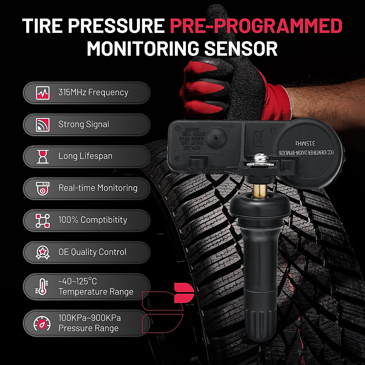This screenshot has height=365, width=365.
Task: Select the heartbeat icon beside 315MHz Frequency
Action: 43,92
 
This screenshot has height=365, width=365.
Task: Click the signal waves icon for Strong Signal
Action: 43,124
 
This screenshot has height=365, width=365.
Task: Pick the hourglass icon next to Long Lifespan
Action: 43,156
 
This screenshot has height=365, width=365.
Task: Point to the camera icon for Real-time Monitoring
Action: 43,188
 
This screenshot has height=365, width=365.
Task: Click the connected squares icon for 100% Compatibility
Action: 43,220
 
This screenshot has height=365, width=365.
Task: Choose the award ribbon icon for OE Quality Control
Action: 43,252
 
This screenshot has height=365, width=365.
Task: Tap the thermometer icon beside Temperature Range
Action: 42,287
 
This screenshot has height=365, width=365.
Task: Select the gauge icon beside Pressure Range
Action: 42,323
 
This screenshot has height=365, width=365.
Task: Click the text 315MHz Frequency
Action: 93,92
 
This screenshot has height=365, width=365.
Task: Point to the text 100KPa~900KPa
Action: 89,318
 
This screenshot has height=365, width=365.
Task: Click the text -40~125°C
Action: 78,281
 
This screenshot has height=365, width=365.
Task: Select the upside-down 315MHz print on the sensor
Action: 305,143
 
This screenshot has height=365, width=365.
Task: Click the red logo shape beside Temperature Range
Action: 183,293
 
